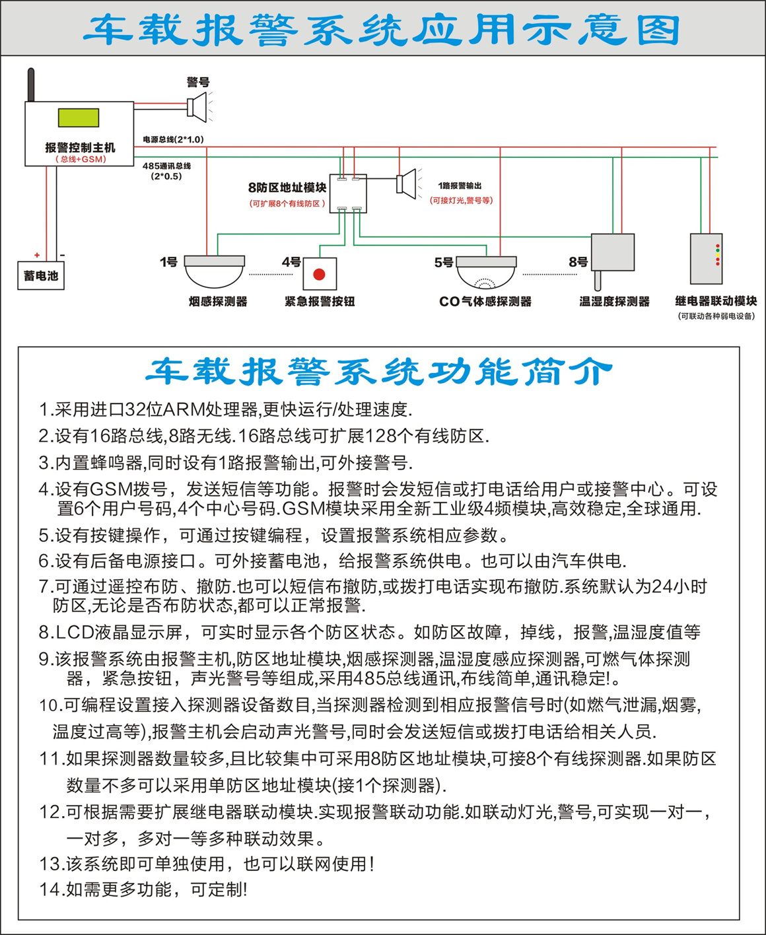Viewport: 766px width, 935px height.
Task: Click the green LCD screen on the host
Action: tap(79, 118)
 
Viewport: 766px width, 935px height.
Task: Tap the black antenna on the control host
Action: tap(31, 85)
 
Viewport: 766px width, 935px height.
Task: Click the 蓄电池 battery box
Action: tap(41, 276)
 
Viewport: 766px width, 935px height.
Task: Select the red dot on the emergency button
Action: tap(319, 275)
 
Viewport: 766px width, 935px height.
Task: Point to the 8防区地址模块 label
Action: tap(287, 188)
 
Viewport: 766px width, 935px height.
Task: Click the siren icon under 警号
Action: tap(197, 107)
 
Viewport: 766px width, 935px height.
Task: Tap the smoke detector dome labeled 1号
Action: tap(214, 271)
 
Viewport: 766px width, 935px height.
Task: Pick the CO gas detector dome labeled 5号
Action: tap(486, 272)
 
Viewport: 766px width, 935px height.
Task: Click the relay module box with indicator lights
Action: tap(706, 259)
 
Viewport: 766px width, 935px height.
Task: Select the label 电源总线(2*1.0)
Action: tap(173, 139)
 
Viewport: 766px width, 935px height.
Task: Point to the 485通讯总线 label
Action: tap(166, 166)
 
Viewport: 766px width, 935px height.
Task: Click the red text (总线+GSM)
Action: tap(81, 159)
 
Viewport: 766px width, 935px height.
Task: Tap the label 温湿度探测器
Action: tap(614, 302)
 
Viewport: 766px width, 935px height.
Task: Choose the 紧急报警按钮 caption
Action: tap(320, 302)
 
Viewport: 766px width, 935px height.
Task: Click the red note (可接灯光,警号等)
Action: tap(461, 200)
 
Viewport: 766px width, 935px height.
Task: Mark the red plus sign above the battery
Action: tap(37, 255)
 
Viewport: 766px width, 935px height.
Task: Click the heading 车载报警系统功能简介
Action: tap(380, 371)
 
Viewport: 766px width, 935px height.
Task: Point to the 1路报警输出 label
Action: tap(460, 186)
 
